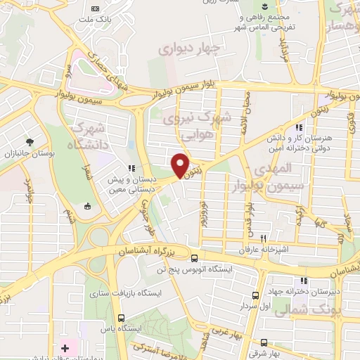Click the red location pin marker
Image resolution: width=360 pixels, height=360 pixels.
181,165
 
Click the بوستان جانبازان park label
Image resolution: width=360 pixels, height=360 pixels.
25,153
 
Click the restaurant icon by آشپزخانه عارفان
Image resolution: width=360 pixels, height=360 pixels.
263,238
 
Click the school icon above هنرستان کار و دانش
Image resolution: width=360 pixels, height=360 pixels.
300,128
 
